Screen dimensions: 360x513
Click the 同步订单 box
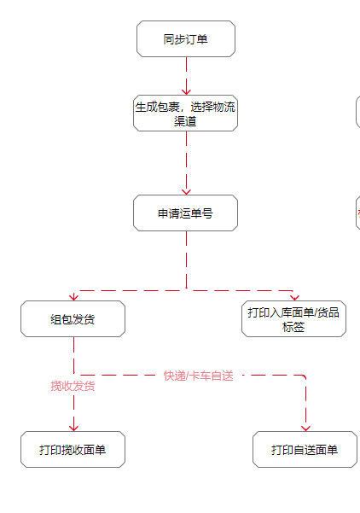tap(186, 39)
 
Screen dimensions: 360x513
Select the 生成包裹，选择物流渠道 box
tap(185, 114)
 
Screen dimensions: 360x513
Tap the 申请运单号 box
tap(185, 213)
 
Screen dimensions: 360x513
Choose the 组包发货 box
tap(73, 319)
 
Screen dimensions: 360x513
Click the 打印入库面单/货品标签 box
tap(293, 319)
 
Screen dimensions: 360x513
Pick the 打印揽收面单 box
tap(73, 450)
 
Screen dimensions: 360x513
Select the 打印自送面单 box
tap(305, 450)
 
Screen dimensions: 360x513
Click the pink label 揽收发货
tap(73, 386)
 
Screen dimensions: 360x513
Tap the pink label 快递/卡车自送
tap(199, 376)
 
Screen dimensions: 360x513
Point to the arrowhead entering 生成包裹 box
tap(186, 91)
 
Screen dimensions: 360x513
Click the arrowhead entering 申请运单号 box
tap(186, 191)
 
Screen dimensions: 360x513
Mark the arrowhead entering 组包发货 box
tap(74, 297)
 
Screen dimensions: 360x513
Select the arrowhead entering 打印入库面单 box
tap(294, 297)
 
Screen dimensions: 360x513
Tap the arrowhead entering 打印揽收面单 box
tap(74, 428)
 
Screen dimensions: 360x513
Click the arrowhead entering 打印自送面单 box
tap(305, 428)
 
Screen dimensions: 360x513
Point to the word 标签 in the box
tap(293, 327)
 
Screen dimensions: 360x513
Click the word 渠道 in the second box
tap(185, 121)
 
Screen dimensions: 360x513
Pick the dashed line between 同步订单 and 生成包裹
tap(186, 76)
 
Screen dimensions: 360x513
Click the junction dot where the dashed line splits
tap(186, 288)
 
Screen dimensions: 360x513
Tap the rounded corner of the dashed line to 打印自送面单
tap(304, 376)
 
